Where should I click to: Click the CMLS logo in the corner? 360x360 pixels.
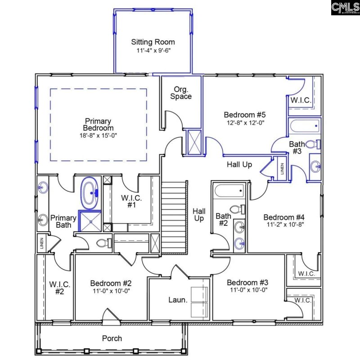point(345,8)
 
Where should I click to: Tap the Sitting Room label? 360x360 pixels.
point(153,42)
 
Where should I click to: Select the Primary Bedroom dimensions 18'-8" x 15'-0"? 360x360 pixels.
point(98,135)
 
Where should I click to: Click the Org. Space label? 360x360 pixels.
point(181,93)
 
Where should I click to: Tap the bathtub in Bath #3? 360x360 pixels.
point(304,126)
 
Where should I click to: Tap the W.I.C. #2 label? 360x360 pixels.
point(58,288)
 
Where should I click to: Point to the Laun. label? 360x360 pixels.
point(178,299)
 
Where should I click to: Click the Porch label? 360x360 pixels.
point(112,338)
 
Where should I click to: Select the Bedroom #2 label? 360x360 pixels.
point(111,283)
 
